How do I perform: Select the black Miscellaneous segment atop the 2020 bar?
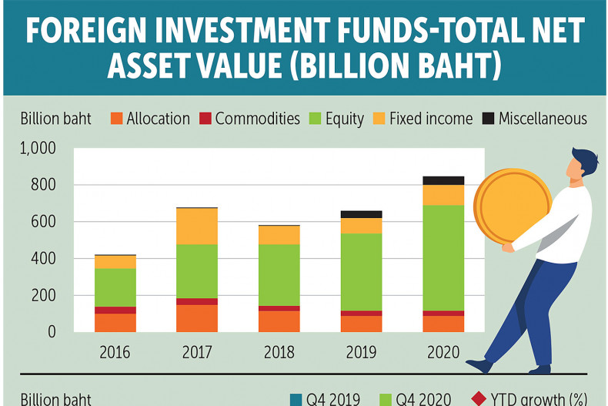(443, 180)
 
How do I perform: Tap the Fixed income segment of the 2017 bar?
(197, 226)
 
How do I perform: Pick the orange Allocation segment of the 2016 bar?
(115, 322)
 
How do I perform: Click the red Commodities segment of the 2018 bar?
(279, 308)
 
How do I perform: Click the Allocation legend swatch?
(117, 119)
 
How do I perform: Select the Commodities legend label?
(257, 119)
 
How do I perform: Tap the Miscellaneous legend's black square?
(488, 119)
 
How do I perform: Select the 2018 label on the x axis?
(279, 353)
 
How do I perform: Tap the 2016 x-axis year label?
(115, 353)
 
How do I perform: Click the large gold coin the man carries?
(512, 206)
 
